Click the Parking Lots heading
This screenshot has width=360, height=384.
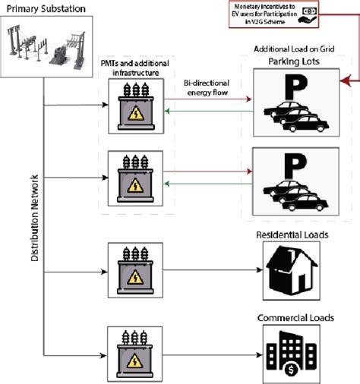(x=292, y=62)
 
